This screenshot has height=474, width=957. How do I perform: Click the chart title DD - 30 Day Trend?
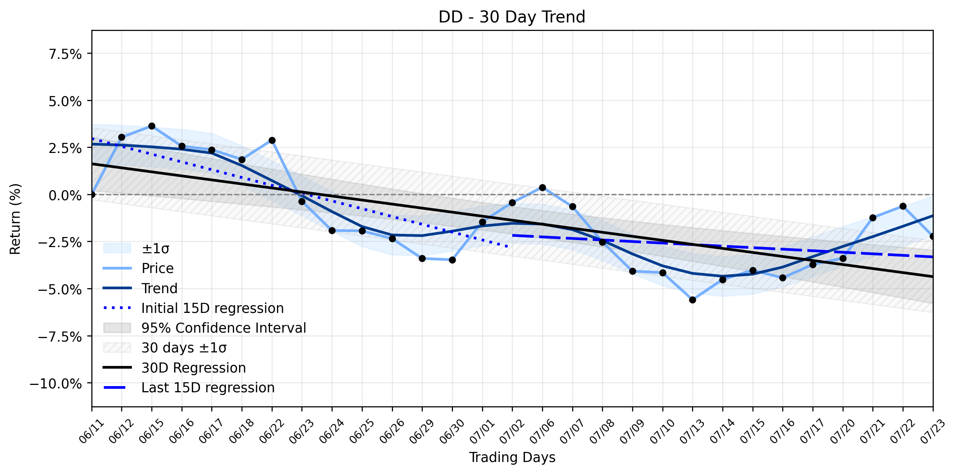[x=512, y=17]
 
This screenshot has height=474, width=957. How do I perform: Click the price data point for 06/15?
[x=152, y=126]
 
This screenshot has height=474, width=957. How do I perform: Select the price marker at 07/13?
[x=692, y=300]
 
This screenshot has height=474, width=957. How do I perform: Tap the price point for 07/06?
[x=542, y=188]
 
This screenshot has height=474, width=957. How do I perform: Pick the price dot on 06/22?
[x=272, y=141]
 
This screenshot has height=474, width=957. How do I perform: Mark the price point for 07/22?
[x=903, y=206]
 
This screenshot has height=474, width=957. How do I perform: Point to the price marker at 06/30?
[x=452, y=260]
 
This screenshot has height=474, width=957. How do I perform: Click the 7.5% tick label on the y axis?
[x=65, y=54]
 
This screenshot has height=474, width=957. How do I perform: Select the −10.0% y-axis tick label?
[x=56, y=384]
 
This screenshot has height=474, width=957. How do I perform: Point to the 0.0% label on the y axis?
[x=65, y=196]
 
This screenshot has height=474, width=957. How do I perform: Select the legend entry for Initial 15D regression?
[x=212, y=308]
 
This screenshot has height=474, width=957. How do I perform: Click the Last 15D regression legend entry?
[x=208, y=388]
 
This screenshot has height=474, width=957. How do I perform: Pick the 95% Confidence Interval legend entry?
[x=224, y=328]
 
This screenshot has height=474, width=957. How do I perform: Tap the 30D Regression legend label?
[x=193, y=368]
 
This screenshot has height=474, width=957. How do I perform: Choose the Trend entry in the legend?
[x=159, y=289]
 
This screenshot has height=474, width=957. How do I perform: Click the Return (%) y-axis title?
[x=15, y=219]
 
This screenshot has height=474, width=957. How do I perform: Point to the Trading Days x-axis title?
[x=512, y=457]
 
